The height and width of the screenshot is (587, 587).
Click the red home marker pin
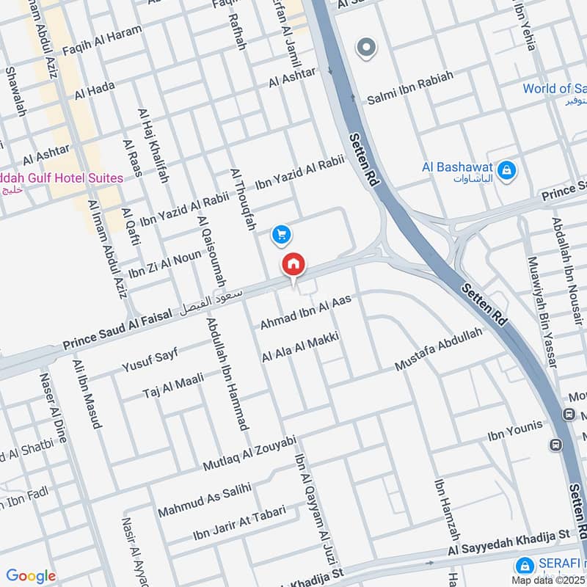(293, 265)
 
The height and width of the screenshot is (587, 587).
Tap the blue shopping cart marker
(281, 235)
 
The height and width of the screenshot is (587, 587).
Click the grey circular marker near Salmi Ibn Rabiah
(365, 48)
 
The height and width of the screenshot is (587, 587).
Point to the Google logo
(30, 576)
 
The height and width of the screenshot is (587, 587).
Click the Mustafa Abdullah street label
(439, 349)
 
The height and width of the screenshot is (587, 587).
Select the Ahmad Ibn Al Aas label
(306, 312)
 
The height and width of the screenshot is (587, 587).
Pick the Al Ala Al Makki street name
(300, 347)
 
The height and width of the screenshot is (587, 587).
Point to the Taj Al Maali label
(173, 385)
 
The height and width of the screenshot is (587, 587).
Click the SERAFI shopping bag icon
(524, 566)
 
